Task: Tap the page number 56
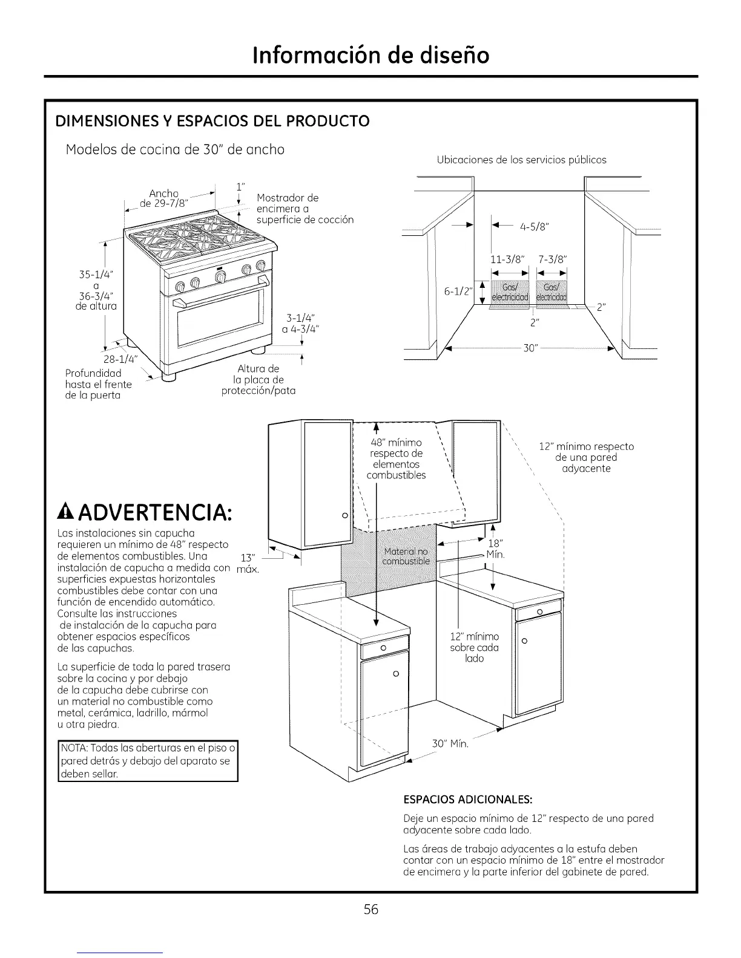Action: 371,909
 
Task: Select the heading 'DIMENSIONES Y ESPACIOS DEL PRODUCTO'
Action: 212,121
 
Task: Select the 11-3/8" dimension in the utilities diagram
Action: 509,260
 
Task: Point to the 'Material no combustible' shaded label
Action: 406,556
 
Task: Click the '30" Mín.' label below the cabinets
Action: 450,743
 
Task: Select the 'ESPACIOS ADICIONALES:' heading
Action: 467,800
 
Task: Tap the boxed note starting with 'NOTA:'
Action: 148,761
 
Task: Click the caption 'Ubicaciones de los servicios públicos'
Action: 521,160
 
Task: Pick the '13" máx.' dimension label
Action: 246,564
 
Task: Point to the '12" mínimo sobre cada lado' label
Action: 475,647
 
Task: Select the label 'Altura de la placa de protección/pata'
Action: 259,379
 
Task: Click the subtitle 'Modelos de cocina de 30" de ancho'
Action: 175,149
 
